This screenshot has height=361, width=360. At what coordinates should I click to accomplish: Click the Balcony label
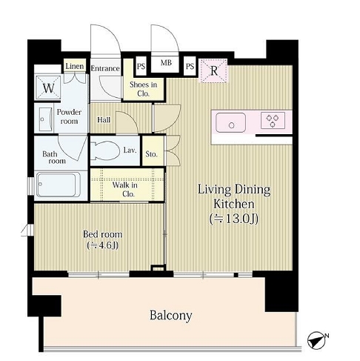coord(170,316)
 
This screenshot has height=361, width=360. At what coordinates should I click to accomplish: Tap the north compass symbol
coord(317,340)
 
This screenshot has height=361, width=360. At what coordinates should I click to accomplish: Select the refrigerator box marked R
coord(213,71)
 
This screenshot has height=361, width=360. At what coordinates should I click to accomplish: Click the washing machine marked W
coord(48,88)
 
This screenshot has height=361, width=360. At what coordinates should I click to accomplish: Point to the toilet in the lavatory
coord(105,150)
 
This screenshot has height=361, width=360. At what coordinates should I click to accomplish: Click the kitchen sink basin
coord(230,122)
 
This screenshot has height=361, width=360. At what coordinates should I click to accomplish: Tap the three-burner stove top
coord(273,120)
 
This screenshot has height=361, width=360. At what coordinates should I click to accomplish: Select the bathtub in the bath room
coord(59,185)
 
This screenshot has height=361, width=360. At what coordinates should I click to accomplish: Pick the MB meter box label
coord(166,63)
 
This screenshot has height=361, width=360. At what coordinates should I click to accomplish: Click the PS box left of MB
coord(141,67)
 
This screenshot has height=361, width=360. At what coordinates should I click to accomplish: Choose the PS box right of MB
coord(190,66)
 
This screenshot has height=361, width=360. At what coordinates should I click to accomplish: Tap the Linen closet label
coord(75,66)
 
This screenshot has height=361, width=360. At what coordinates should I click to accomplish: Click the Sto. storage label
coord(151,154)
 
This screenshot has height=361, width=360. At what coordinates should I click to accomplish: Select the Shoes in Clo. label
coord(144,89)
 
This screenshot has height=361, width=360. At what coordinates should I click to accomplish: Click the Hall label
coord(104,120)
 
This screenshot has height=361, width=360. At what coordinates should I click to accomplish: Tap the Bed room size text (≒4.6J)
coord(103,245)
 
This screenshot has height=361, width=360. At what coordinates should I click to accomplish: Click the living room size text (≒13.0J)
coord(234,219)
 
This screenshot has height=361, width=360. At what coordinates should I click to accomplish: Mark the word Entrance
coord(105,68)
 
